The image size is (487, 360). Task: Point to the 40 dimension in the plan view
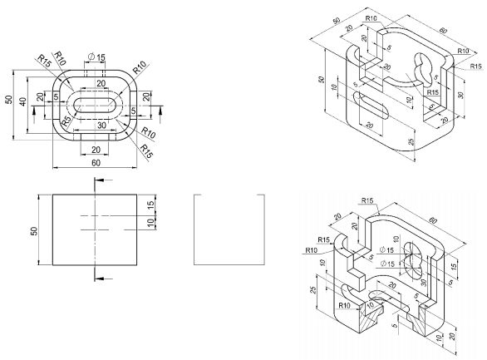click(24, 101)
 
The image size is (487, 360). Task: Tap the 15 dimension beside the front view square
click(150, 205)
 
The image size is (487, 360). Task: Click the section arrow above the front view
click(90, 181)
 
